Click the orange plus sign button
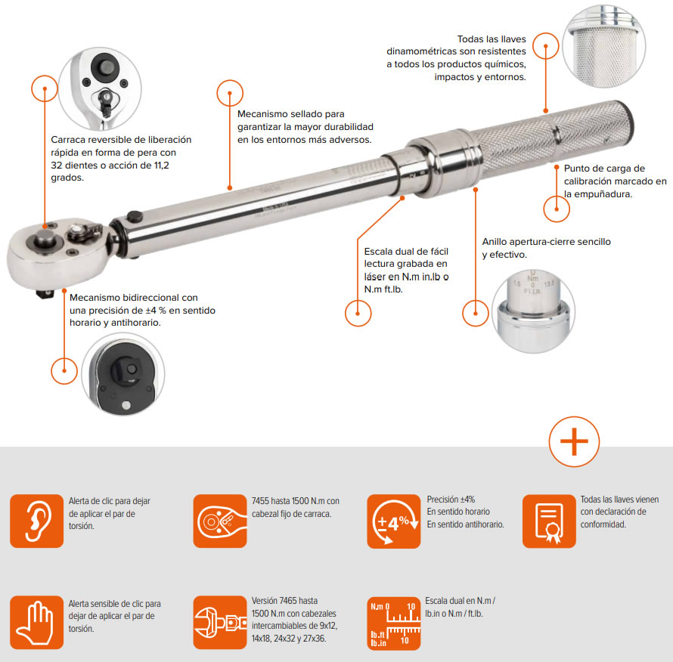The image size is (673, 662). point(574,441)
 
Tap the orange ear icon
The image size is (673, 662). point(36,521)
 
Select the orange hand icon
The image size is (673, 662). point(36,622)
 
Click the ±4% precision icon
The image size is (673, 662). point(393,521)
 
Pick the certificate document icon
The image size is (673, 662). point(549,521)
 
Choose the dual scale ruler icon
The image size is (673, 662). point(393,623)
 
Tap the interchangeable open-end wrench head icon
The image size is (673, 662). point(220,622)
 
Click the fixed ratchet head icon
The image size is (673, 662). point(220,521)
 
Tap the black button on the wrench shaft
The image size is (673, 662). point(135,217)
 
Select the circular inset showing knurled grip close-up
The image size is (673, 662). point(604,46)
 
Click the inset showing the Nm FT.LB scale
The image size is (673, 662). point(533,311)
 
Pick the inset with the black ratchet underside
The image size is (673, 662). point(123,375)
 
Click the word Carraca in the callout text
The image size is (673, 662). point(68,140)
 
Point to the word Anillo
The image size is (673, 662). point(494,242)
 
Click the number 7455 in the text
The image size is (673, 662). point(260,501)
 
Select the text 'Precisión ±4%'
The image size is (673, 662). point(451,500)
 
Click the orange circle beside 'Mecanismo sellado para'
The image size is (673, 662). point(230,93)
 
